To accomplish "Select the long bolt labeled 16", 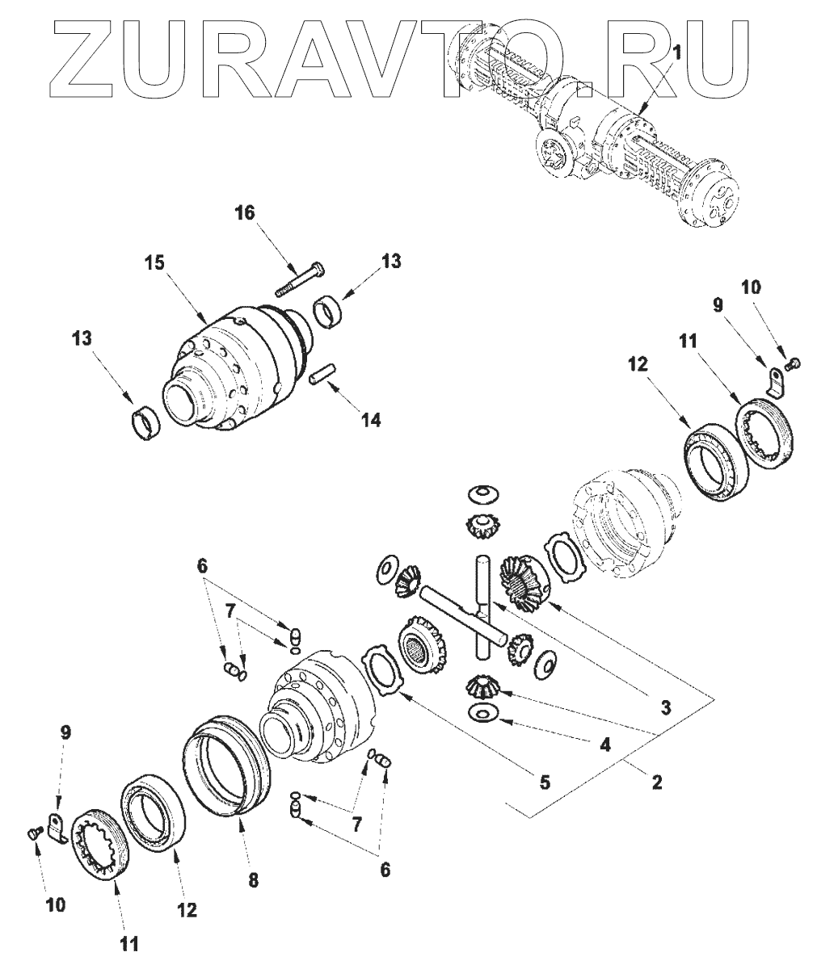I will click(302, 278).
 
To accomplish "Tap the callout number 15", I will click(155, 263).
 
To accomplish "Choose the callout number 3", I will click(664, 707).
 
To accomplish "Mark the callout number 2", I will click(656, 782).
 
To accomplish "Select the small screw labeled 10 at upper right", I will click(794, 364).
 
